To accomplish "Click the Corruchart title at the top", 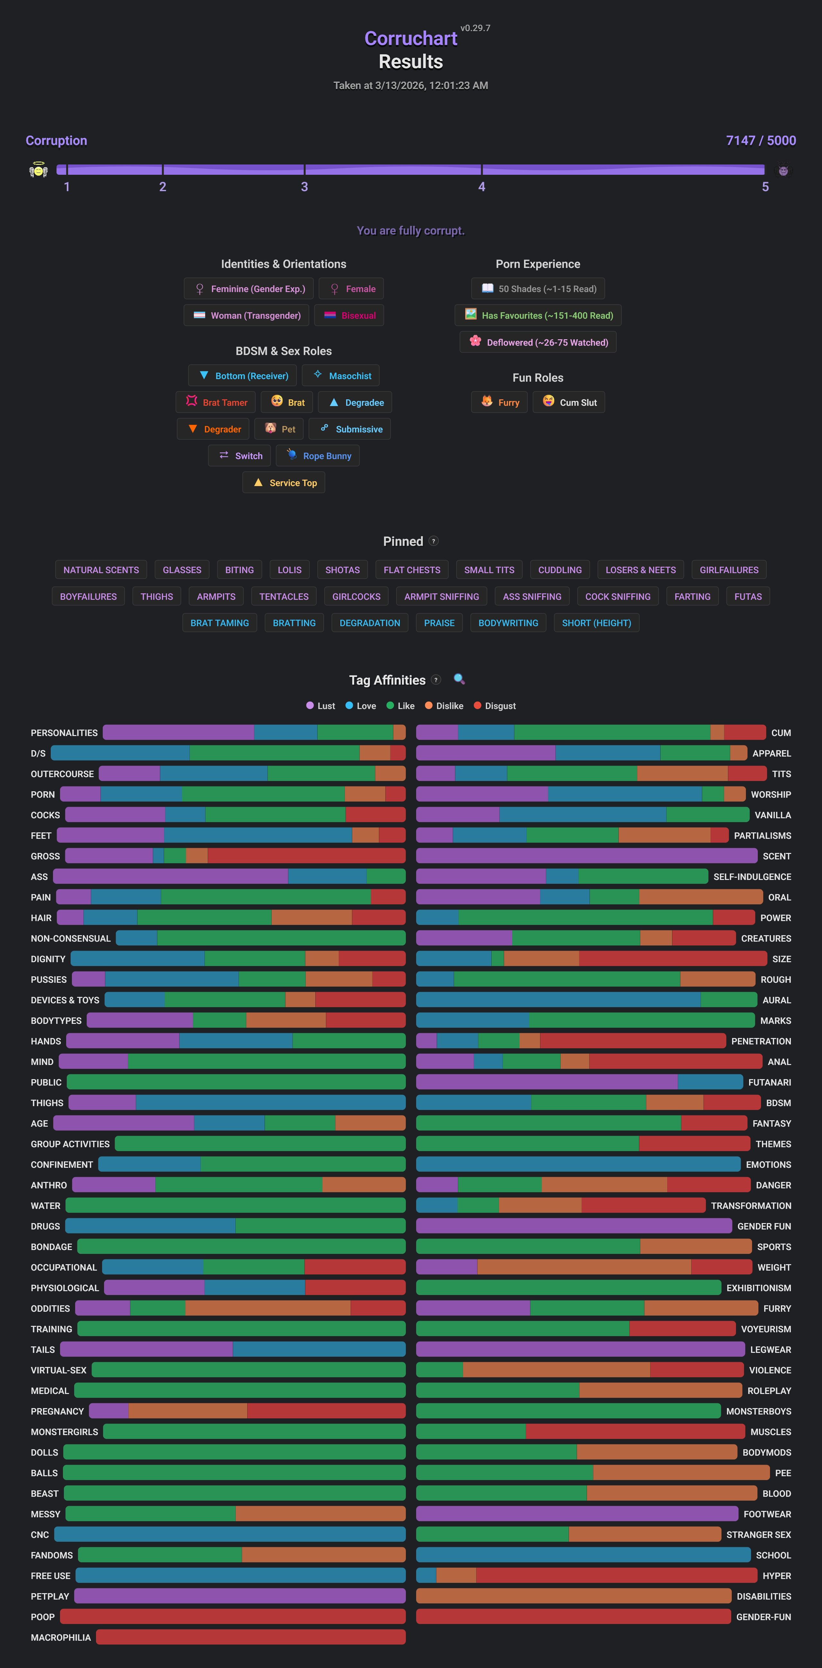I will (x=410, y=39).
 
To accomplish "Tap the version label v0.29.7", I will (x=475, y=28).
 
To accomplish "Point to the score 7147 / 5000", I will (x=761, y=140).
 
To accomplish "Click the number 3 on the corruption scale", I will (x=304, y=187).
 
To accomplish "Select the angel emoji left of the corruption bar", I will (x=38, y=170).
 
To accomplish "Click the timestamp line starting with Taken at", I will (x=410, y=85).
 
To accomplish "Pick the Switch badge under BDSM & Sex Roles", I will (x=240, y=456).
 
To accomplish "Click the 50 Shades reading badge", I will (x=538, y=289).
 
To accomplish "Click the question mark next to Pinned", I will (x=434, y=541).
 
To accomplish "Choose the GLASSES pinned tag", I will (x=182, y=570).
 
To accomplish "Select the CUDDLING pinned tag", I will (x=560, y=570).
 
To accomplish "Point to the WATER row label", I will (x=45, y=1206).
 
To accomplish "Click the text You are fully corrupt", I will (x=410, y=231).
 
